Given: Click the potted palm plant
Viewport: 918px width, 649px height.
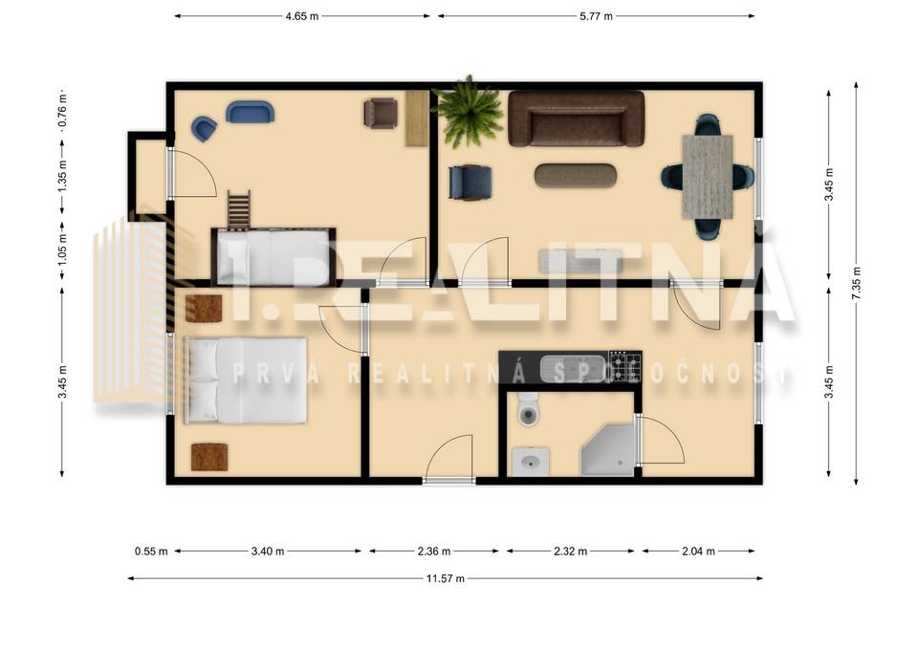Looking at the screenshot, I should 468,113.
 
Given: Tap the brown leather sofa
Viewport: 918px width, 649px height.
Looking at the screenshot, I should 576,119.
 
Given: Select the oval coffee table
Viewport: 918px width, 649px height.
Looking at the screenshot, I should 576,176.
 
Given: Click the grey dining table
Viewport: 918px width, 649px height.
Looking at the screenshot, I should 709,176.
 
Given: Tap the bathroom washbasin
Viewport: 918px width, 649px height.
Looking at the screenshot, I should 528,465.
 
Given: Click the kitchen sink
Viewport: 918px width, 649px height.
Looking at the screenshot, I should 571,367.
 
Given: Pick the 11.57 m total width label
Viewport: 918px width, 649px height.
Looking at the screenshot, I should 446,578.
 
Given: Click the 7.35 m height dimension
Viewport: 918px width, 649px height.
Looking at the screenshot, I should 854,284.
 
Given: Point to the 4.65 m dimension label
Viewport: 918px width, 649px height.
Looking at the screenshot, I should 302,16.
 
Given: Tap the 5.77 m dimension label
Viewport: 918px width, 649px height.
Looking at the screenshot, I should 596,16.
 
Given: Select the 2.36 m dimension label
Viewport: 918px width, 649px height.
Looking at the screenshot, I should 433,552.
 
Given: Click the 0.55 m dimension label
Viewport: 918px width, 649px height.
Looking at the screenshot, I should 151,552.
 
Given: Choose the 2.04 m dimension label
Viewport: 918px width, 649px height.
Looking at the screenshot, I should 698,552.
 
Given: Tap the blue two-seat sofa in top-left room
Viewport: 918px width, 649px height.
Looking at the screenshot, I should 250,112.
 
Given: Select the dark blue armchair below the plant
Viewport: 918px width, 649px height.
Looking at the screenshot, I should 470,182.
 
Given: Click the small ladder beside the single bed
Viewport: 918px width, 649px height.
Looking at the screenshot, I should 238,210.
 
